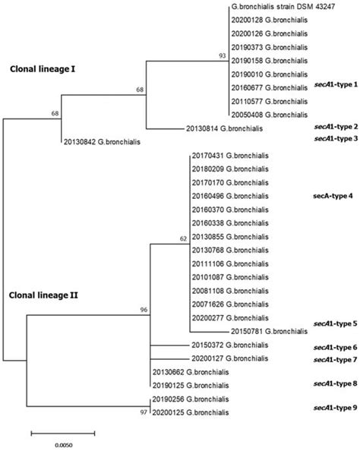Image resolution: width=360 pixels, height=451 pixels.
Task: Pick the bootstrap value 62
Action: point(182,239)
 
